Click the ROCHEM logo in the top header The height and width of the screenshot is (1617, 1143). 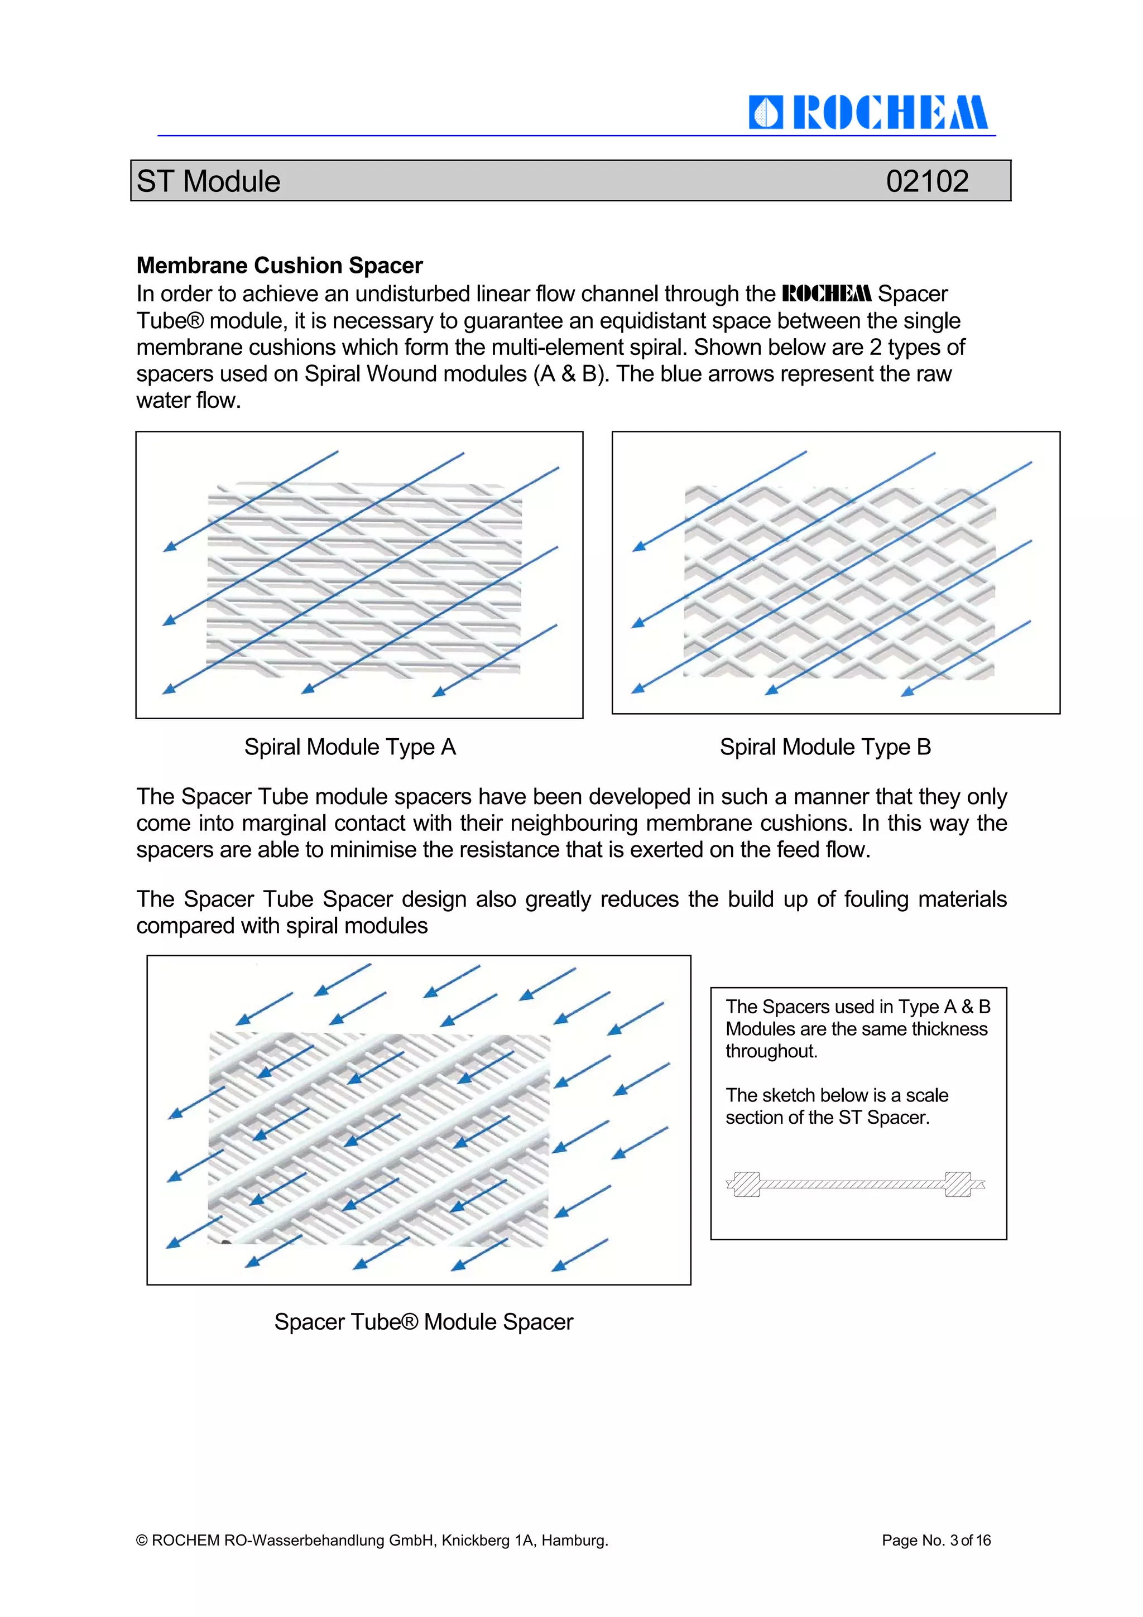(868, 113)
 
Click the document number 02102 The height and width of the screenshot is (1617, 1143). (927, 181)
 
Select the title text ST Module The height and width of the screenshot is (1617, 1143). (209, 181)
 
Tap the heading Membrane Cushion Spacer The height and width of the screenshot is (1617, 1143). (279, 266)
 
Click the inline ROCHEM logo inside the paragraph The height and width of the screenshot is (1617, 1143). (827, 293)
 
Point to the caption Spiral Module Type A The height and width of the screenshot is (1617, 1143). (350, 747)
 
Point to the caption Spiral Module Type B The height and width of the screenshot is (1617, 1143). (825, 747)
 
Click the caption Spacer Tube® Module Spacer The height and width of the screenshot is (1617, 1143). (423, 1322)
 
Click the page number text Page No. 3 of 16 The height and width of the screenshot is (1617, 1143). (936, 1540)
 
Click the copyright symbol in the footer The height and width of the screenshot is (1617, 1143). (142, 1540)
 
